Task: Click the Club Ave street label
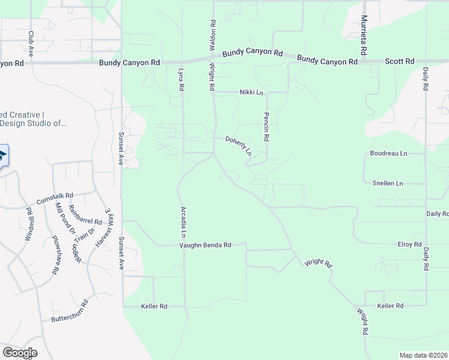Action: [30, 44]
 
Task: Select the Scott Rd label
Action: [400, 61]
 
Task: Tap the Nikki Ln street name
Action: [252, 92]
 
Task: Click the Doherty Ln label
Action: [238, 146]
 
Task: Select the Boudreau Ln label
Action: [388, 154]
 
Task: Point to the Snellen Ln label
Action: [388, 182]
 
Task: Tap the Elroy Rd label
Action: [409, 244]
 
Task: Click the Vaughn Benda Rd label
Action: [205, 245]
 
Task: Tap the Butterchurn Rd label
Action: [70, 311]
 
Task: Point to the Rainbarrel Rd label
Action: [85, 215]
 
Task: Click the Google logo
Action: [20, 352]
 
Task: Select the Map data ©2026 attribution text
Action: [424, 355]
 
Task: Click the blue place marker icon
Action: [2, 157]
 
